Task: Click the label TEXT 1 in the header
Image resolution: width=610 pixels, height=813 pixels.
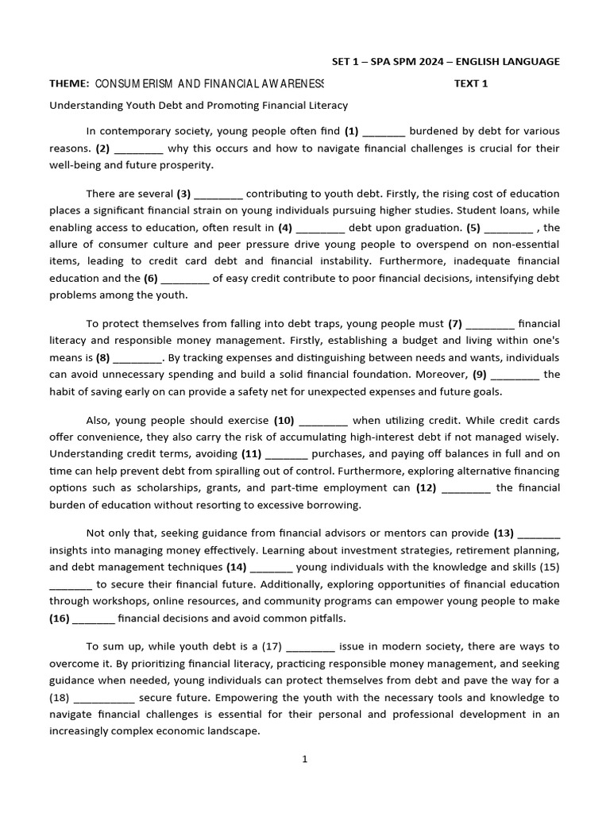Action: (471, 83)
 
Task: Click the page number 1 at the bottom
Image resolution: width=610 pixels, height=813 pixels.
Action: (304, 759)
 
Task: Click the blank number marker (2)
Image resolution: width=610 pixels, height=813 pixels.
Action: (102, 148)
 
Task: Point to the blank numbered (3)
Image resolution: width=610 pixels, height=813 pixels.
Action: (218, 195)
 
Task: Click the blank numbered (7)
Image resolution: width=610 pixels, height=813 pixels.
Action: (492, 324)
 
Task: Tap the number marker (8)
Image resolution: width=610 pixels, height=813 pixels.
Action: (102, 357)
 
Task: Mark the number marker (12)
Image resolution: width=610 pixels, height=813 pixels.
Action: (426, 487)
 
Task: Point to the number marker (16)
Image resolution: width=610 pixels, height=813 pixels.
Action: (60, 618)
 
